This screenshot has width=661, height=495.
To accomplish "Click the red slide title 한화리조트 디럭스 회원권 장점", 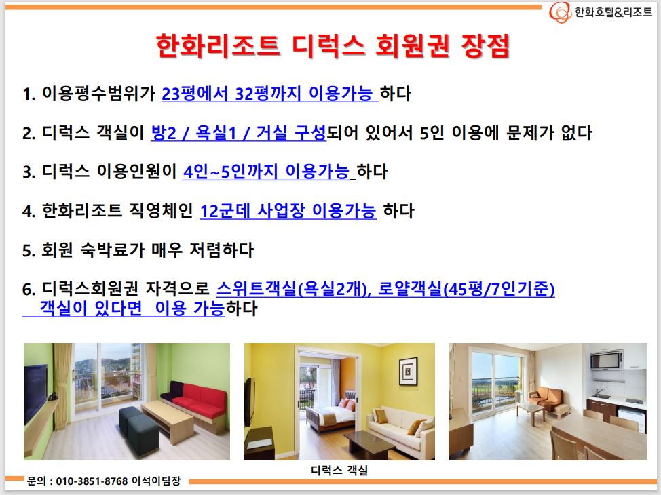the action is (x=333, y=45).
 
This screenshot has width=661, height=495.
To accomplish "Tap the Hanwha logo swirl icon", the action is (x=561, y=12).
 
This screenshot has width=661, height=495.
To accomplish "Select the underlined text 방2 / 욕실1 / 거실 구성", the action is (x=239, y=133).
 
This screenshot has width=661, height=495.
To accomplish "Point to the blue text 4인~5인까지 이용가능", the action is (x=267, y=172).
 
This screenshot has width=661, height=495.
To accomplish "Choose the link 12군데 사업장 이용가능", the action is (x=288, y=211).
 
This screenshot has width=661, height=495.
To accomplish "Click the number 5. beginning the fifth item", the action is (x=29, y=251).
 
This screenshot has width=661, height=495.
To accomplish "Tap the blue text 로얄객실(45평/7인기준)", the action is (x=466, y=289).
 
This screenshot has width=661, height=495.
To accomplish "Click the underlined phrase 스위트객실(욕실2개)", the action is (x=294, y=289).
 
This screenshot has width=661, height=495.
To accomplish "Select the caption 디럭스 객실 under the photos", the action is (x=339, y=470).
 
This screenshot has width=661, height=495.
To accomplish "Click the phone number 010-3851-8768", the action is (x=92, y=481).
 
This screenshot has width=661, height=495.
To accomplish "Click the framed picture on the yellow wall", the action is (x=408, y=371).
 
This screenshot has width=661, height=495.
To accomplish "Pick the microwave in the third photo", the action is (x=606, y=361).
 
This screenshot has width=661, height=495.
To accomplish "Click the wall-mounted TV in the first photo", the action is (x=35, y=392).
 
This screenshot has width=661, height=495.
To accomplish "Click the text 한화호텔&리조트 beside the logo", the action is (x=613, y=12).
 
